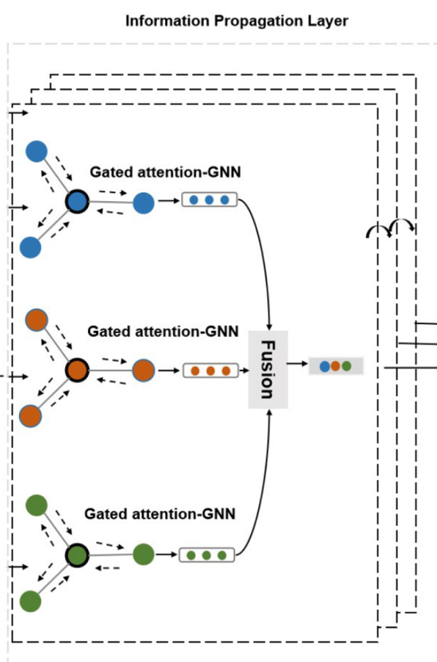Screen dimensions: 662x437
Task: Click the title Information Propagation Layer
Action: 237,21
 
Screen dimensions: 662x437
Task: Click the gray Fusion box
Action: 268,370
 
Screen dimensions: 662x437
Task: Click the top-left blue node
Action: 37,152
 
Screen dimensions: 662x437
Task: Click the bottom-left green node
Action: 30,600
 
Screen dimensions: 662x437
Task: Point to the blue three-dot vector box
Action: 209,200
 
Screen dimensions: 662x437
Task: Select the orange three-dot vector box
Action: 210,371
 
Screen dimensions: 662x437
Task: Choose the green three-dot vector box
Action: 206,555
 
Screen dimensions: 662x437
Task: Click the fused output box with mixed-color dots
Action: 336,366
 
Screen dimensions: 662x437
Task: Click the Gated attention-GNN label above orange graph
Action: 163,332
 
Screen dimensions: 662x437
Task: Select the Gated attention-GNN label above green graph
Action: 160,514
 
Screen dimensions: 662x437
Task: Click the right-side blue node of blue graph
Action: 143,202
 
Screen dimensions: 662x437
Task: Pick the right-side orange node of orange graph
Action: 143,371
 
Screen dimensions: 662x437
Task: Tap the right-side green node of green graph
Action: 143,555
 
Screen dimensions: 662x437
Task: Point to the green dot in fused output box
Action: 346,366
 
